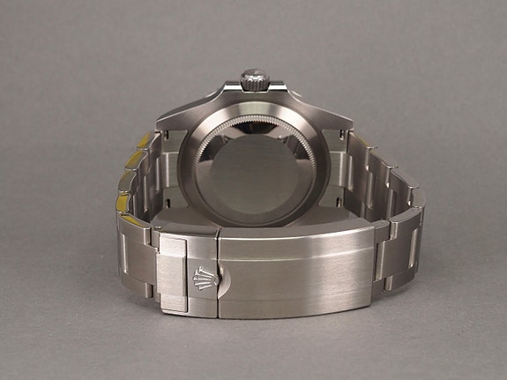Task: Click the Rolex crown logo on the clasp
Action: click(x=201, y=276)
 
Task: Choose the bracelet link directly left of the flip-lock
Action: click(x=137, y=260)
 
